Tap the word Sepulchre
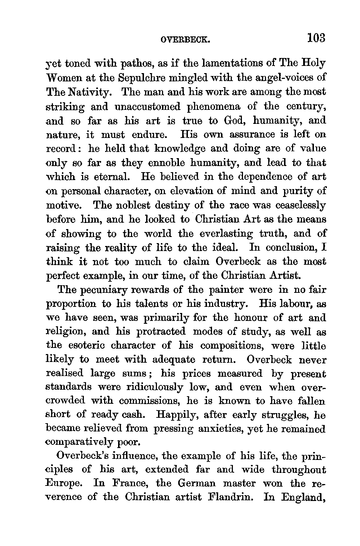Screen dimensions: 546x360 click(138, 77)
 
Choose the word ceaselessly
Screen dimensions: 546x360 click(301, 205)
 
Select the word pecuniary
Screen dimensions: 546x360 click(114, 290)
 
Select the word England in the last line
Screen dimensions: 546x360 click(303, 497)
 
